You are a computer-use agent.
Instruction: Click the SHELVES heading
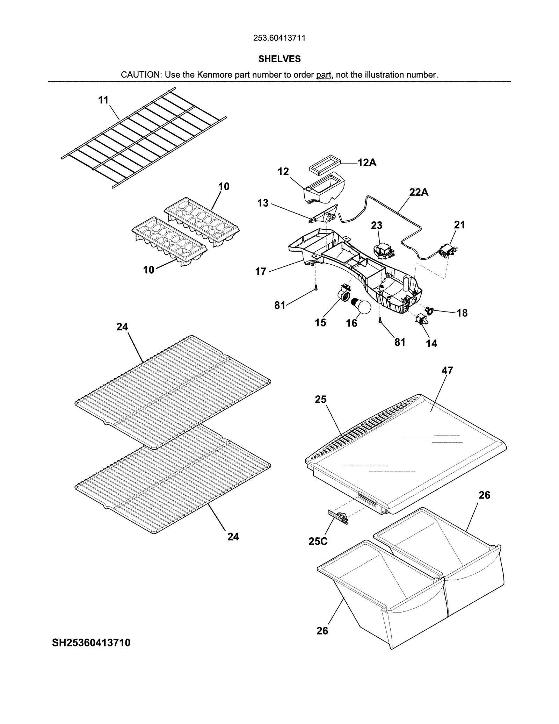pos(279,59)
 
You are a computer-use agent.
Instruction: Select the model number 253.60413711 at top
pos(279,38)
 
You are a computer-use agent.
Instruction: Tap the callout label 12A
pos(367,163)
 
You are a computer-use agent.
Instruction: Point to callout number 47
pos(447,371)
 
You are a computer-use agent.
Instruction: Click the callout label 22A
pos(419,192)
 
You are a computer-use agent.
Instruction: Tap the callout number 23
pos(377,225)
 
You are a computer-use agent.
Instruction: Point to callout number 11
pos(103,100)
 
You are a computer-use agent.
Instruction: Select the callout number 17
pos(261,271)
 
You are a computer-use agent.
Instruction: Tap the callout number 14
pos(431,344)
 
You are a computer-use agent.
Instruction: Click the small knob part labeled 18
pos(429,309)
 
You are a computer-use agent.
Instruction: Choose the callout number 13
pos(263,203)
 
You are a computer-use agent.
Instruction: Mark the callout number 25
pos(320,399)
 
